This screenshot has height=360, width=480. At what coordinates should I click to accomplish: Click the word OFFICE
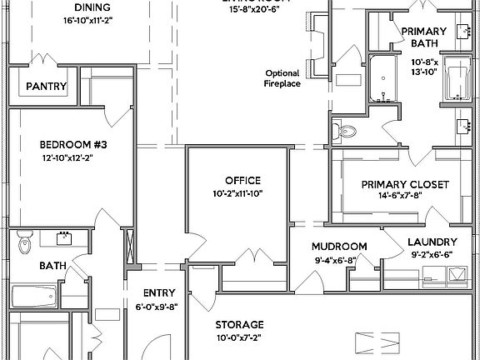[242, 180]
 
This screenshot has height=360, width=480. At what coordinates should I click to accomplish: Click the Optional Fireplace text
[282, 77]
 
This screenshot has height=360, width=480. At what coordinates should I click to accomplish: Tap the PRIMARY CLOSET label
[405, 184]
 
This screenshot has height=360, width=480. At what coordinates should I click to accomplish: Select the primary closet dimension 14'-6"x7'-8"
[405, 197]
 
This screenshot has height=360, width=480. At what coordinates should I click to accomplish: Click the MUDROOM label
[339, 247]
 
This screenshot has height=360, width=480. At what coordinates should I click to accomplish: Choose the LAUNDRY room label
[432, 242]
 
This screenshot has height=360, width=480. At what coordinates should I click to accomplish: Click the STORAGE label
[240, 324]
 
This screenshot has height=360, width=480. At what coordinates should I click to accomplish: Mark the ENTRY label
[158, 292]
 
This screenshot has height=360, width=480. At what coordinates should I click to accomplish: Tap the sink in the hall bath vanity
[62, 239]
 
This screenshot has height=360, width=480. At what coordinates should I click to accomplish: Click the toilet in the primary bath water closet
[346, 130]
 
